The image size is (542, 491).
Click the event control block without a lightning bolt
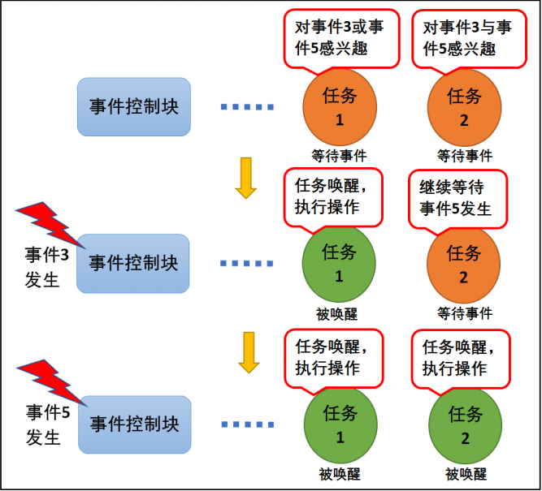tap(133, 106)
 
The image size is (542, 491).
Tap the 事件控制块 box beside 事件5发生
tap(133, 424)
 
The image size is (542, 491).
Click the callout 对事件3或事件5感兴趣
tap(341, 37)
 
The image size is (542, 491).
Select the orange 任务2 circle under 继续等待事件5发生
tap(464, 265)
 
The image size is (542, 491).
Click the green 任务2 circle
tap(464, 425)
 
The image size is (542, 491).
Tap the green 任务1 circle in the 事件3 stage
tap(339, 264)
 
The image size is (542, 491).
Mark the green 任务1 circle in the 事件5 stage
tap(339, 424)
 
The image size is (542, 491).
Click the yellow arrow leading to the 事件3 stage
tap(245, 179)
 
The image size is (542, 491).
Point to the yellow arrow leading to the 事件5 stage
tap(245, 351)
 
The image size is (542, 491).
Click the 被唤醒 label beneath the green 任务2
tap(466, 474)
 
